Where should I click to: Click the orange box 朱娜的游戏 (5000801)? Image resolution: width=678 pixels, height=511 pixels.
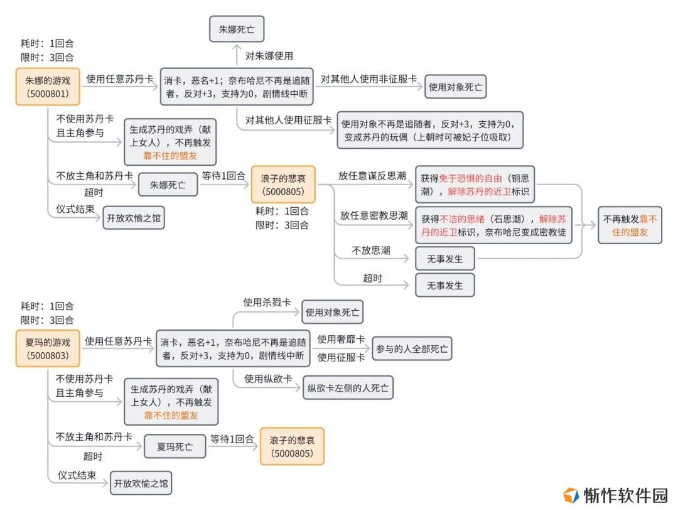48,87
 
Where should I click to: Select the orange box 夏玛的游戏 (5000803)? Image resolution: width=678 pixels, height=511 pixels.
48,348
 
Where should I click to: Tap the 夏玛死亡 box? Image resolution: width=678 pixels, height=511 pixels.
175,446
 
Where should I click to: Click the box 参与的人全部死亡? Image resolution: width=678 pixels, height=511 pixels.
412,348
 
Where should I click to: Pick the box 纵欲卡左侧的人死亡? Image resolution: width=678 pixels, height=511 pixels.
348,387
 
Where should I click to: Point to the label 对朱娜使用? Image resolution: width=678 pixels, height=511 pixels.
269,56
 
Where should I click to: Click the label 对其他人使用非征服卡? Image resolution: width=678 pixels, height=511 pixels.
369,78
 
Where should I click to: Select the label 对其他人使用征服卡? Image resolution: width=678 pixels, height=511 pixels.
288,120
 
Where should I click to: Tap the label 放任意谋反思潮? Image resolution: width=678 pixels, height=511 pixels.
372,176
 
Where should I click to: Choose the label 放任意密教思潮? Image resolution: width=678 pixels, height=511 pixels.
374,215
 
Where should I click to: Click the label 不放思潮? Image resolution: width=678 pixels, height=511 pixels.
371,250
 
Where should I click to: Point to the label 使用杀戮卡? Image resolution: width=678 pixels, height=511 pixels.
267,302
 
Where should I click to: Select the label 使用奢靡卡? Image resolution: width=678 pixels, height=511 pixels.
341,339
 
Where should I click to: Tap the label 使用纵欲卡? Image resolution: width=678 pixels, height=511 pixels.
268,379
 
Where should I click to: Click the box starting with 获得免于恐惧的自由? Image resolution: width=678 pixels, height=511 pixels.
475,185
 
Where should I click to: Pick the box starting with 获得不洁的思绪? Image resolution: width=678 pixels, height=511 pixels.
493,225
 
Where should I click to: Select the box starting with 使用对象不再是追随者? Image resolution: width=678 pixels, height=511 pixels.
430,130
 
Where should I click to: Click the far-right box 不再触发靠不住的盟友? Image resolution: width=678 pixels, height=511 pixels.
630,225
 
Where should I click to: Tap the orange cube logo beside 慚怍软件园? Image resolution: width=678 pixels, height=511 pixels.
571,495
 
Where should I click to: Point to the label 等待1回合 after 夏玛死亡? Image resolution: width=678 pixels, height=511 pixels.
232,439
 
